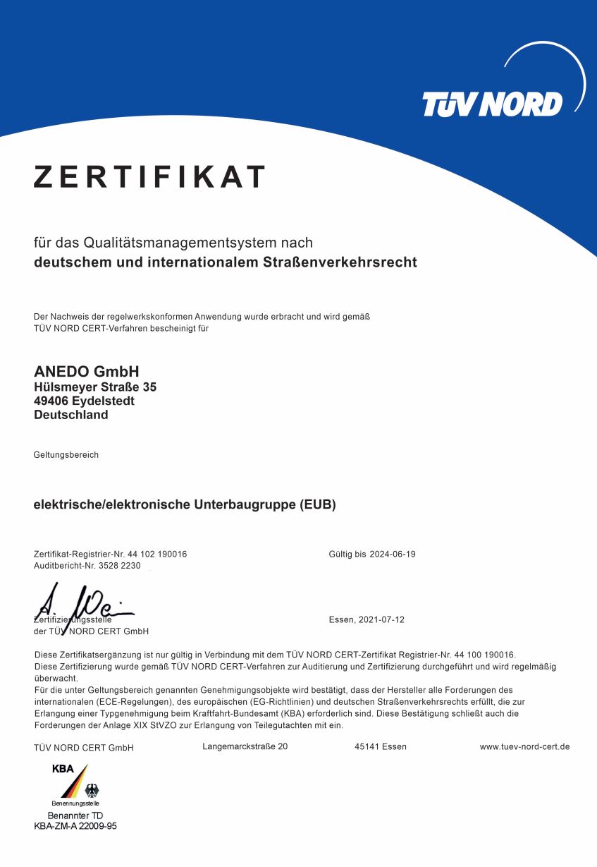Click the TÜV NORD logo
click(493, 104)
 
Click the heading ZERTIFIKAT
click(149, 177)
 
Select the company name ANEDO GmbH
click(87, 372)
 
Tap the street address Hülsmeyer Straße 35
click(95, 387)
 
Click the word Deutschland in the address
click(71, 415)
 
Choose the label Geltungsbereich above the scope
click(66, 455)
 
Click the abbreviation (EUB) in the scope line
click(317, 505)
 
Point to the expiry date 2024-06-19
click(392, 554)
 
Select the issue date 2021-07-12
click(381, 620)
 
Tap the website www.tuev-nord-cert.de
click(524, 746)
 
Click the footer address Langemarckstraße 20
click(245, 746)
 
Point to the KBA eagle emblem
click(92, 790)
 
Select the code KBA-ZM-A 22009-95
click(75, 826)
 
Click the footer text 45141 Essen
click(381, 746)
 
